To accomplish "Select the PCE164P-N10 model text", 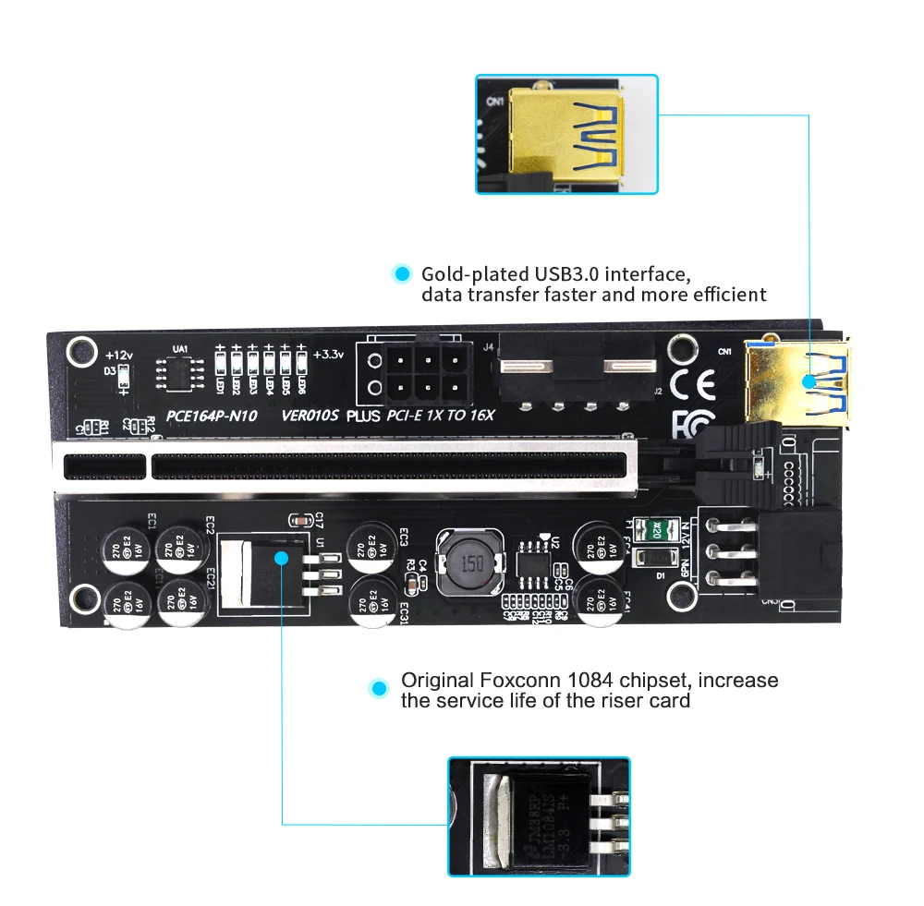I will pos(213,415).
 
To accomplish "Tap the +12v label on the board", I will pos(120,355).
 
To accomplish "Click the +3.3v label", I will pos(328,354).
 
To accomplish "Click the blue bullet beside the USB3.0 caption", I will pos(401,274).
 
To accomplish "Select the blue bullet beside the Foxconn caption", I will pos(378,688).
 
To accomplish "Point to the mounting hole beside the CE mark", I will pos(683,349).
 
